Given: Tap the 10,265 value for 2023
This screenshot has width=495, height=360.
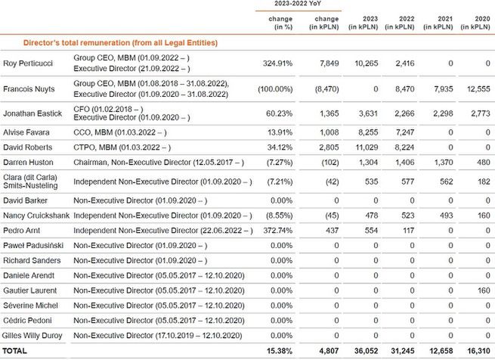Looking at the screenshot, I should [x=357, y=63].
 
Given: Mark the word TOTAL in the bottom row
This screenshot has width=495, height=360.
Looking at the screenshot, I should [x=17, y=350].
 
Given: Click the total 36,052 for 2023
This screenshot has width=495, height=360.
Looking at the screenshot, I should [x=355, y=350].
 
